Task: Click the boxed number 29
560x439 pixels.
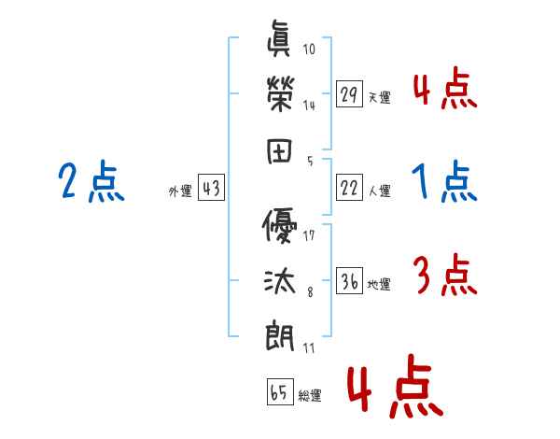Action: (350, 95)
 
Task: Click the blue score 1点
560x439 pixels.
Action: (444, 181)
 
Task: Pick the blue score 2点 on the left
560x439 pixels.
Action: (91, 181)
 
